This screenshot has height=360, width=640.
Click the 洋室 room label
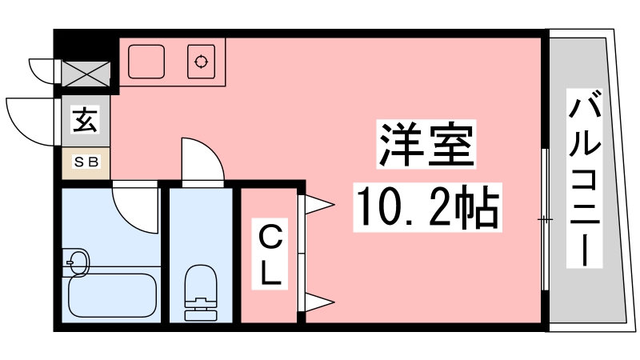[x=426, y=144]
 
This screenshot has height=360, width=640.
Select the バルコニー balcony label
[x=585, y=178]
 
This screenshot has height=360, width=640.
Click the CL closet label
[x=270, y=254]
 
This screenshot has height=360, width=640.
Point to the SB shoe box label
[x=86, y=162]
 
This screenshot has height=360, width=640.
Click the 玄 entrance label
[x=86, y=119]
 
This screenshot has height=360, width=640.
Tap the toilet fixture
[x=201, y=293]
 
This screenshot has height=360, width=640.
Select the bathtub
[x=112, y=294]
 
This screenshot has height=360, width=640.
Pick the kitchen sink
[x=146, y=62]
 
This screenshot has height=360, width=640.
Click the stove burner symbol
[x=202, y=62]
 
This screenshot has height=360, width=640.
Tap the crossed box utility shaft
[x=86, y=74]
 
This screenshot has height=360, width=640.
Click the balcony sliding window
[x=545, y=219]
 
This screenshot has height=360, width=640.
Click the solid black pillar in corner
[x=86, y=46]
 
